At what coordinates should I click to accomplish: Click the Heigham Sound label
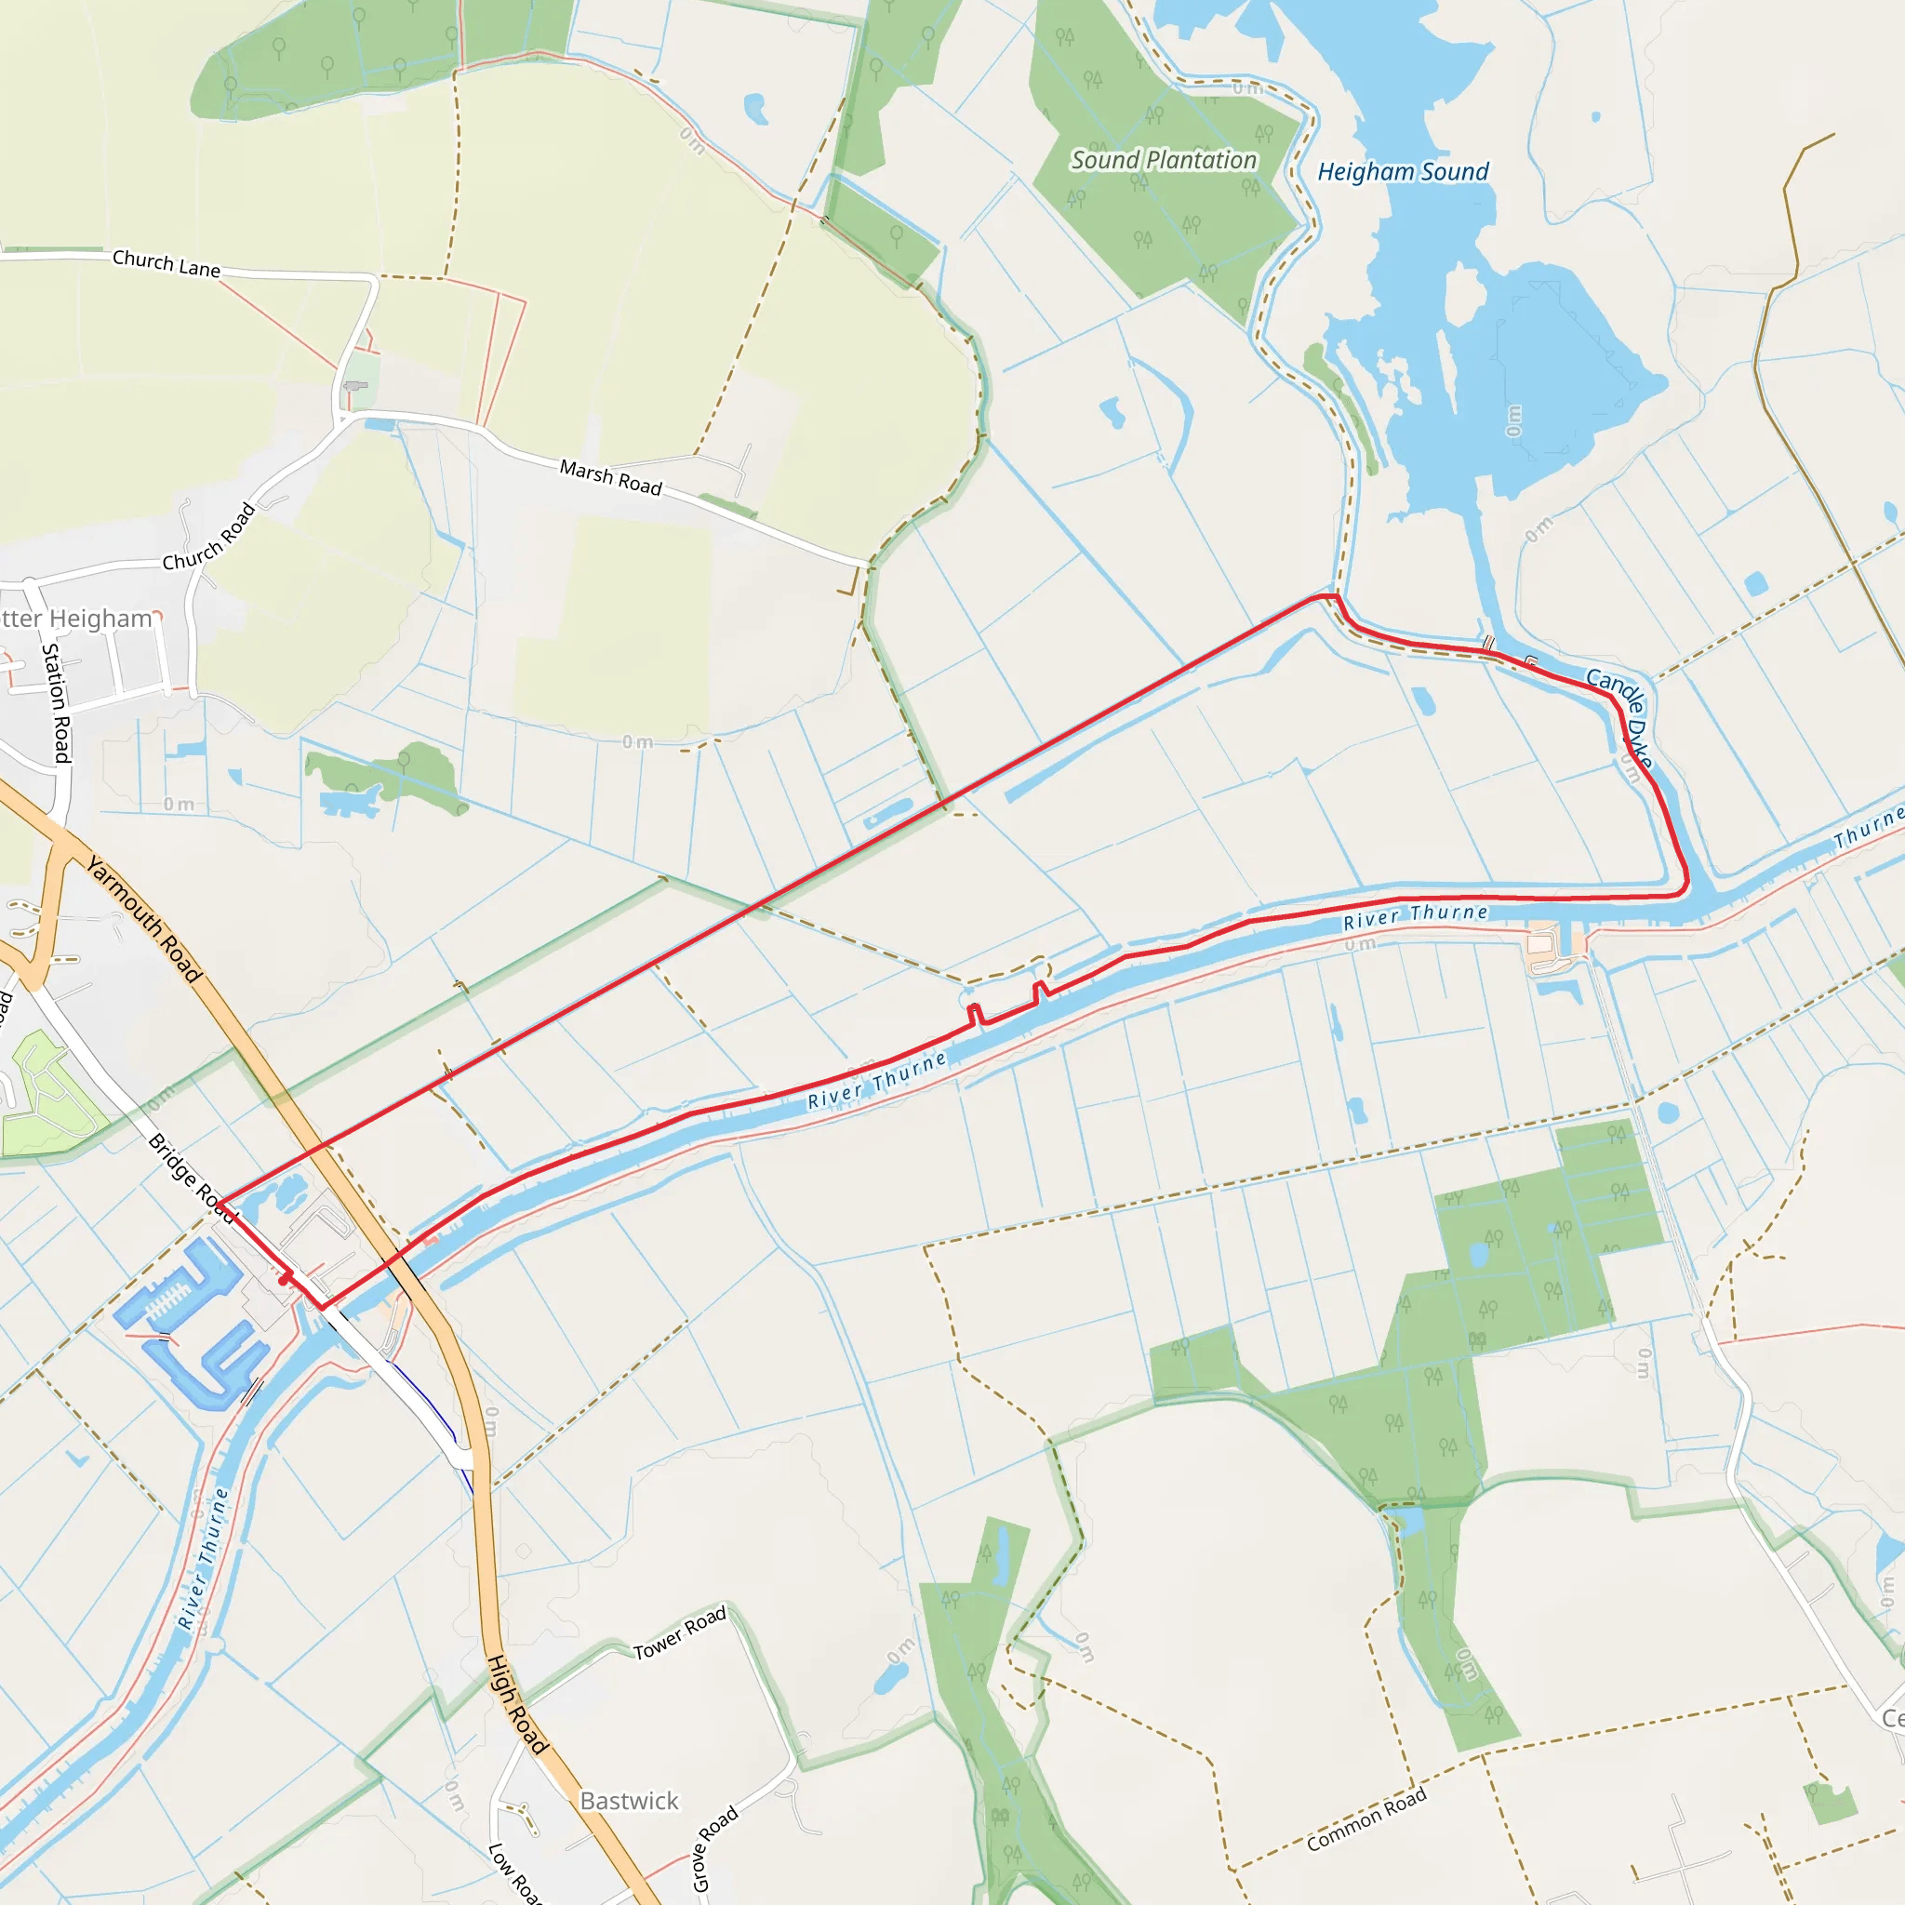coord(1402,171)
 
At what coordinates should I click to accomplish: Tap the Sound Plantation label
coord(1164,160)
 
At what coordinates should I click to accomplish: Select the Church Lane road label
coord(166,263)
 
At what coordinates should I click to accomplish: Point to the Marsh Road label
coord(610,477)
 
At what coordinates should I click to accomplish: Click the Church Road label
coord(209,538)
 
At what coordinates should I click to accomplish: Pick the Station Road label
coord(57,702)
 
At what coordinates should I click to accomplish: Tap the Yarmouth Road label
coord(144,919)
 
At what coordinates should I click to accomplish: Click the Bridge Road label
coord(191,1179)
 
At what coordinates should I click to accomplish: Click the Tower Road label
coord(679,1632)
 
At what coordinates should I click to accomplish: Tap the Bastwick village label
coord(629,1801)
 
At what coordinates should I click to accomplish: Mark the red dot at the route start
coord(284,1280)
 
